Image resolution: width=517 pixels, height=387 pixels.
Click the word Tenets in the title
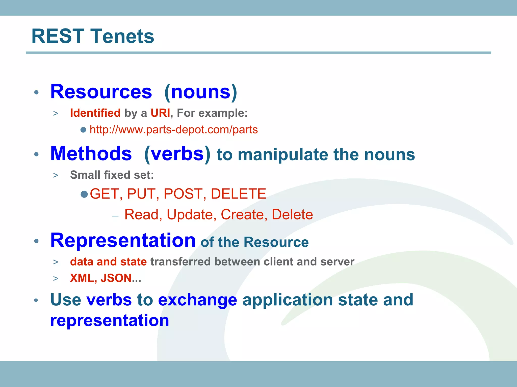pos(122,36)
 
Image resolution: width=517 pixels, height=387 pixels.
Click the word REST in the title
pos(58,36)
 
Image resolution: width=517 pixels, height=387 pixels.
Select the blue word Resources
pos(101,92)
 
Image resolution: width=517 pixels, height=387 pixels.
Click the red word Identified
pos(95,113)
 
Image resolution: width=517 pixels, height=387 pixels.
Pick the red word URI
pos(160,113)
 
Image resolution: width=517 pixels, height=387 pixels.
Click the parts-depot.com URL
pos(174,130)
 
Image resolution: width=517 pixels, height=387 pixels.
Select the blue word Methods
pos(91,154)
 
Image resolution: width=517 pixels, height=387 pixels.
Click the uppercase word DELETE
pos(238,194)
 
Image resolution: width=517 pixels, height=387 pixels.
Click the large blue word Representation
pos(123,240)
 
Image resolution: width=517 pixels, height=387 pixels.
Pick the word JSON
pos(116,278)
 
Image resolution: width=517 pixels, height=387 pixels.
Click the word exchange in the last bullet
pos(197,300)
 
